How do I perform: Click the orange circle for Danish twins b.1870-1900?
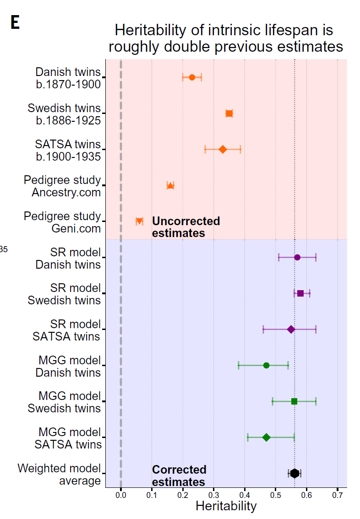(192, 77)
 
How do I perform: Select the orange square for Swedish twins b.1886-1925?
(229, 114)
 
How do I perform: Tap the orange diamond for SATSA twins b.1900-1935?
(223, 149)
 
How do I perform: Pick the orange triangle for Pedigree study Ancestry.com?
(170, 185)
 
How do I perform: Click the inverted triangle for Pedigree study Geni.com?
(140, 222)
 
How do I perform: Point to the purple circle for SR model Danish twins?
(297, 257)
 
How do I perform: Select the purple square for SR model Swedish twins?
(300, 293)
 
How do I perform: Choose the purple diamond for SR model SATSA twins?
(291, 329)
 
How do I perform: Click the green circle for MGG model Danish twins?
(266, 365)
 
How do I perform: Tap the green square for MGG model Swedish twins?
(294, 401)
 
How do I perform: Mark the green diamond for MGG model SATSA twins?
(266, 438)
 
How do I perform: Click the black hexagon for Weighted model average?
(295, 473)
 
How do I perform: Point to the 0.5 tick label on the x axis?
(276, 495)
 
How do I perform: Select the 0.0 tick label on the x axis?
(121, 495)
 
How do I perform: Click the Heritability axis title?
(226, 506)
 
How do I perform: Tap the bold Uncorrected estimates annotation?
(185, 227)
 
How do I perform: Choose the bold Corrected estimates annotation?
(179, 476)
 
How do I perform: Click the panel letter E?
(15, 23)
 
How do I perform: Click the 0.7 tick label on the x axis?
(338, 495)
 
